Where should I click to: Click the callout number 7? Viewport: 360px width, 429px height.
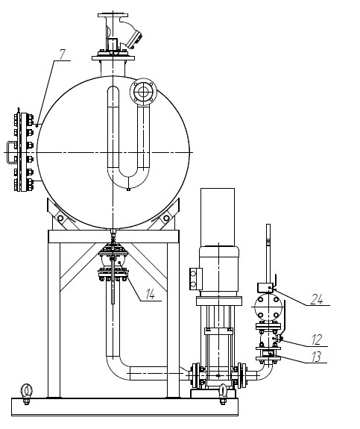coord(63,54)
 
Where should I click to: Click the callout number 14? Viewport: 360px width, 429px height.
coord(150,294)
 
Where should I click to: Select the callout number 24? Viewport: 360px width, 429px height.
coord(317,299)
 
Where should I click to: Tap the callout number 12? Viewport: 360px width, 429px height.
coord(317,339)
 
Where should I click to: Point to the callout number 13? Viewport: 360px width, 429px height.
coord(317,357)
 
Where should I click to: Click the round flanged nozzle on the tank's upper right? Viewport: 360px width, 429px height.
coord(143,92)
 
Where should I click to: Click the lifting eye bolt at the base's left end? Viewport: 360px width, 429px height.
coord(27,393)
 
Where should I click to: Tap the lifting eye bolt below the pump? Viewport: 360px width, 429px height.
coord(223,393)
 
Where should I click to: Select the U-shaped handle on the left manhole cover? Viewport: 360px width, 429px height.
coord(11,152)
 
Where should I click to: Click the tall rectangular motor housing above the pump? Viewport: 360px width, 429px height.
coord(218,217)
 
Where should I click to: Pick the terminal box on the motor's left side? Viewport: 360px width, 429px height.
coord(196,278)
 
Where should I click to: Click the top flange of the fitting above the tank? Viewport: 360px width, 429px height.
coord(113,15)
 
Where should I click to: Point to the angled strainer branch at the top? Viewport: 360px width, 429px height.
coord(131,34)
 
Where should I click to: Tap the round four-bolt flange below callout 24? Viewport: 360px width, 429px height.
coord(268,307)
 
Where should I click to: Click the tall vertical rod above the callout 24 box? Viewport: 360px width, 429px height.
coord(268,254)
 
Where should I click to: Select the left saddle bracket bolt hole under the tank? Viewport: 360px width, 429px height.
coord(60,219)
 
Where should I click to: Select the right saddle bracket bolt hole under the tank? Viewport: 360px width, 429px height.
coord(166,219)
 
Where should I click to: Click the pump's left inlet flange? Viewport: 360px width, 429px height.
coord(196,375)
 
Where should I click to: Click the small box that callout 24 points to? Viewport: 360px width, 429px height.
coord(265,287)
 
